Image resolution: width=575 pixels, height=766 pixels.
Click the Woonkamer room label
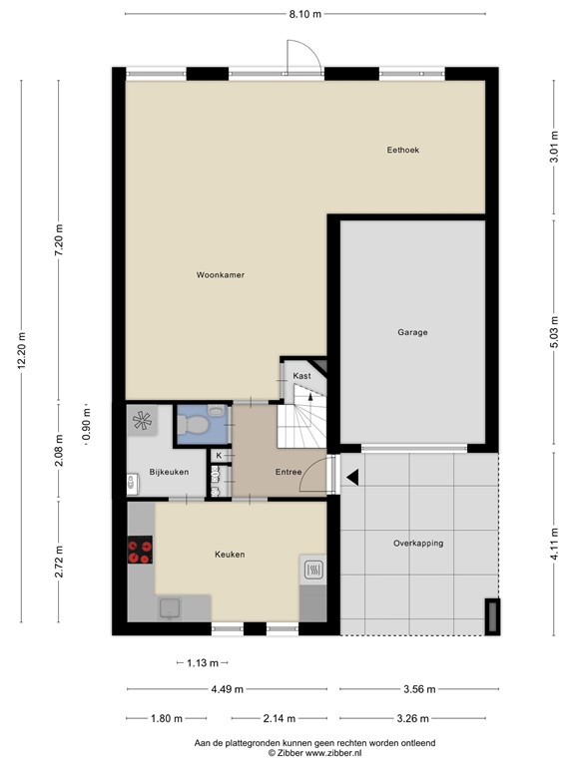[x=220, y=275]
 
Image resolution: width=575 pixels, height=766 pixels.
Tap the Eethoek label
[x=403, y=150]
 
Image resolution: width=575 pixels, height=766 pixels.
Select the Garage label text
[x=412, y=332]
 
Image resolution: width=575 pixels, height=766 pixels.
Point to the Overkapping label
[x=418, y=544]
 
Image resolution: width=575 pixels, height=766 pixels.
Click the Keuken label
[x=230, y=555]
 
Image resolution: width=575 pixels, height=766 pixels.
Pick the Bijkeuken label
[x=169, y=473]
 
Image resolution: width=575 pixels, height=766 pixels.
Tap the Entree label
[x=287, y=472]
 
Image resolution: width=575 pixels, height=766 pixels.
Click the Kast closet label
[x=301, y=376]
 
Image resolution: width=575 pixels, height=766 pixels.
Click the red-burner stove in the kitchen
[x=140, y=551]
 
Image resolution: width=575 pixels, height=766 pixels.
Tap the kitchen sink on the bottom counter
[x=169, y=608]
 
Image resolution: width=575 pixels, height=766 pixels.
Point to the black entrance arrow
[x=352, y=478]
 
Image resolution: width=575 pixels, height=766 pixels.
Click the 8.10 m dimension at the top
[x=305, y=14]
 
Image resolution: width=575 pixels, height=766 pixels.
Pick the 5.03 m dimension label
[x=554, y=332]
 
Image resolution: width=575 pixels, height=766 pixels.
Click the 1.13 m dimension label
[x=203, y=663]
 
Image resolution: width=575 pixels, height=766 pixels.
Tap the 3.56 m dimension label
[x=419, y=689]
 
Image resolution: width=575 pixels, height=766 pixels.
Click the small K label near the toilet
[x=219, y=455]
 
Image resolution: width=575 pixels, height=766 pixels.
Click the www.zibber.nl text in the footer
[x=333, y=753]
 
